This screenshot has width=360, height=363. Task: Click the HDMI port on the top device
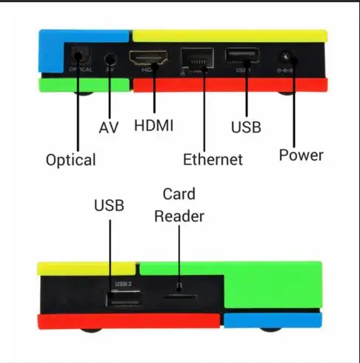coord(148,58)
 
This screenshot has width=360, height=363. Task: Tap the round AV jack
coord(110,60)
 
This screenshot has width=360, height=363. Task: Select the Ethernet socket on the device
coord(197,58)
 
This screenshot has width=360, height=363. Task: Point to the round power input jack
coord(286,58)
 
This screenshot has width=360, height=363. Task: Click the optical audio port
coord(81,56)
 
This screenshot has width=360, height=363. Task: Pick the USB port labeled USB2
coord(124,298)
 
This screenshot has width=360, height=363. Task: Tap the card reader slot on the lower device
coord(181,296)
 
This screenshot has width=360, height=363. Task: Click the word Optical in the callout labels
coord(71,160)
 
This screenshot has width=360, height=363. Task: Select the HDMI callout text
coord(153,125)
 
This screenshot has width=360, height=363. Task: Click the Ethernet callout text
coord(213,159)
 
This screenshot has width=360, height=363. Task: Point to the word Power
coord(301,155)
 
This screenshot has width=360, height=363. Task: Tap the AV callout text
coord(109,127)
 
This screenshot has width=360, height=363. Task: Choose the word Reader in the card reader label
coord(179,216)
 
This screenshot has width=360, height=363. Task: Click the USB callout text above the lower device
coord(109,205)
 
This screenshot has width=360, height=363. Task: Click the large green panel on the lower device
coord(272,284)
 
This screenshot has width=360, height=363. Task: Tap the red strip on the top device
coord(230,85)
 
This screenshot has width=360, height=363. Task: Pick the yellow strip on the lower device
coord(87,269)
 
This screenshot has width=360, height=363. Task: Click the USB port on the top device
coord(242,56)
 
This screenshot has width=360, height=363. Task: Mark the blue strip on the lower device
coord(273,320)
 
